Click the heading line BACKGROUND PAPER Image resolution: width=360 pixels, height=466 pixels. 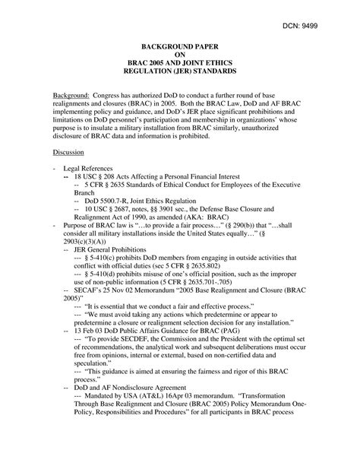coord(180,46)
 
